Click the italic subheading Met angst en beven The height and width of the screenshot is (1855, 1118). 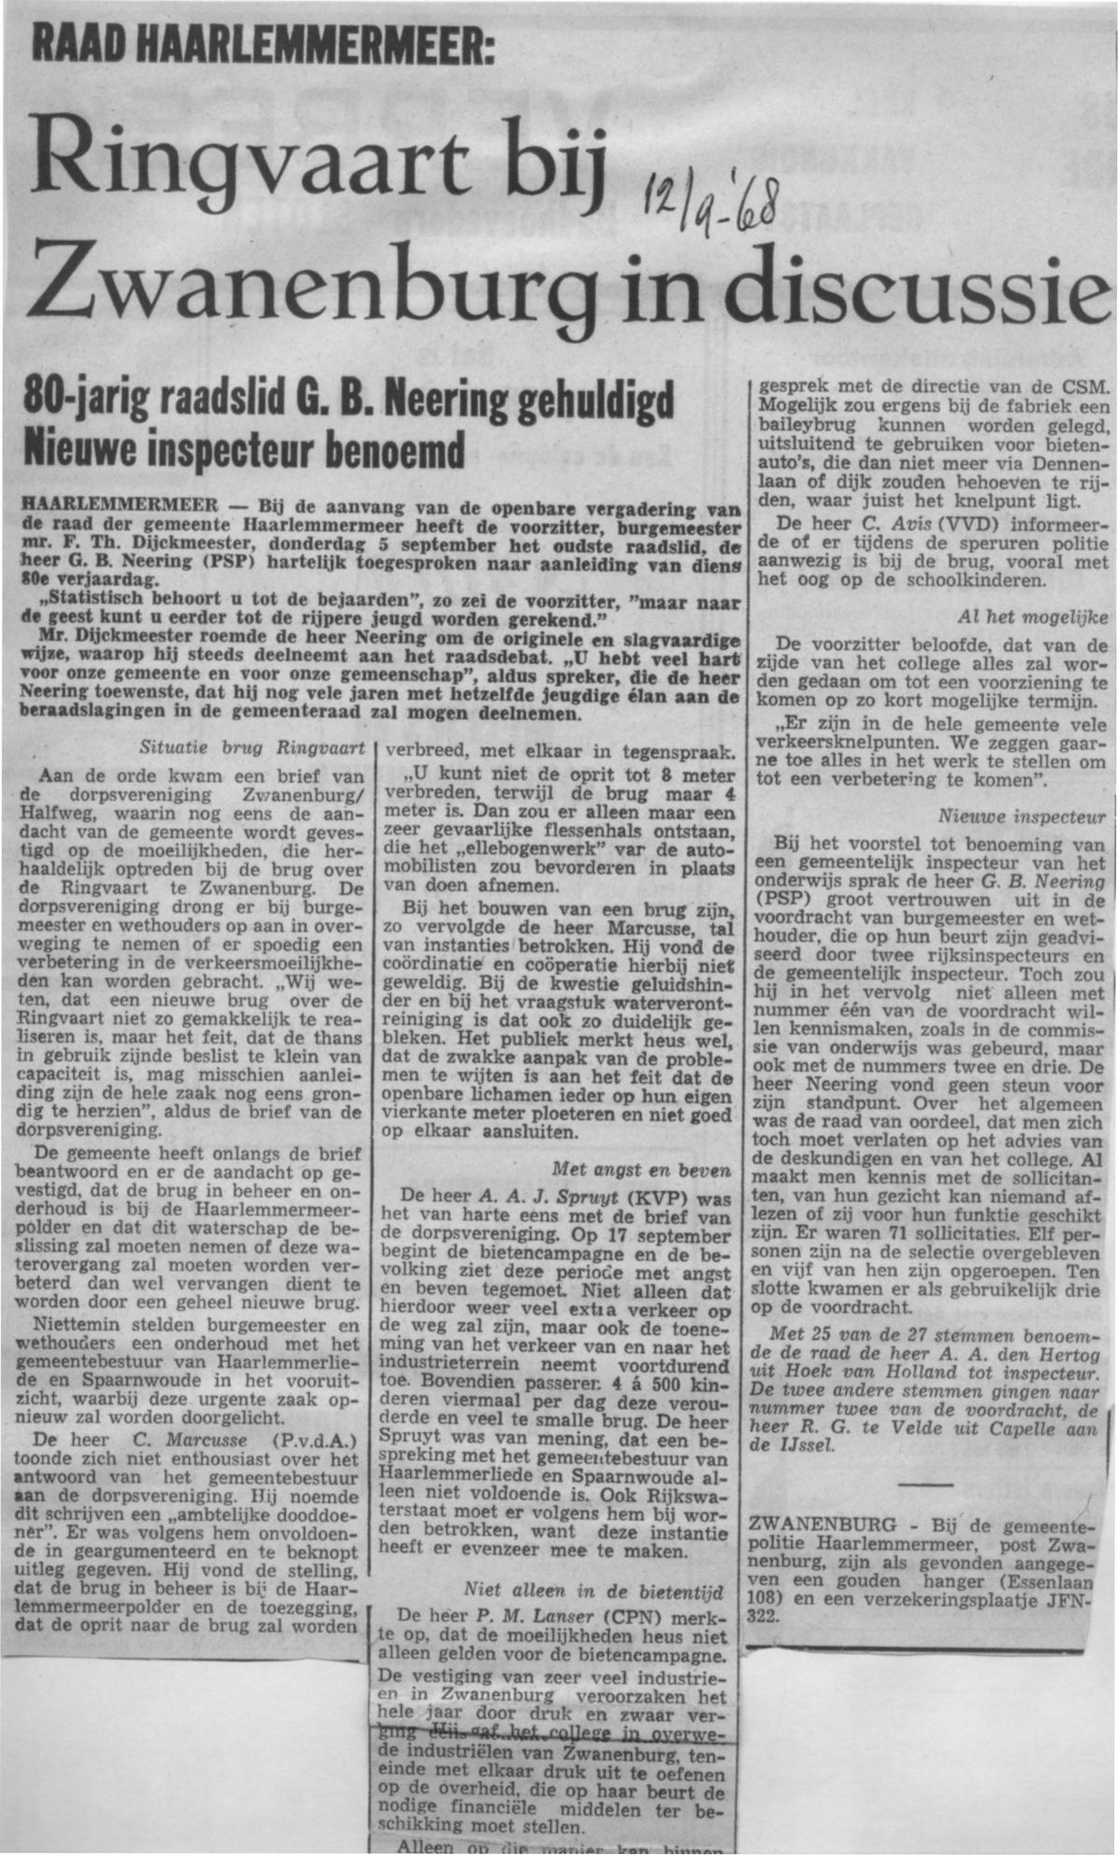[641, 1169]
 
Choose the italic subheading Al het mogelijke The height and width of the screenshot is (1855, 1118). [1032, 617]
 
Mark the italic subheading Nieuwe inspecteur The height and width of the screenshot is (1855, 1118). [1022, 817]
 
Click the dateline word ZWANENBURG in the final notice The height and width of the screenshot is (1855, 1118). [809, 1526]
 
